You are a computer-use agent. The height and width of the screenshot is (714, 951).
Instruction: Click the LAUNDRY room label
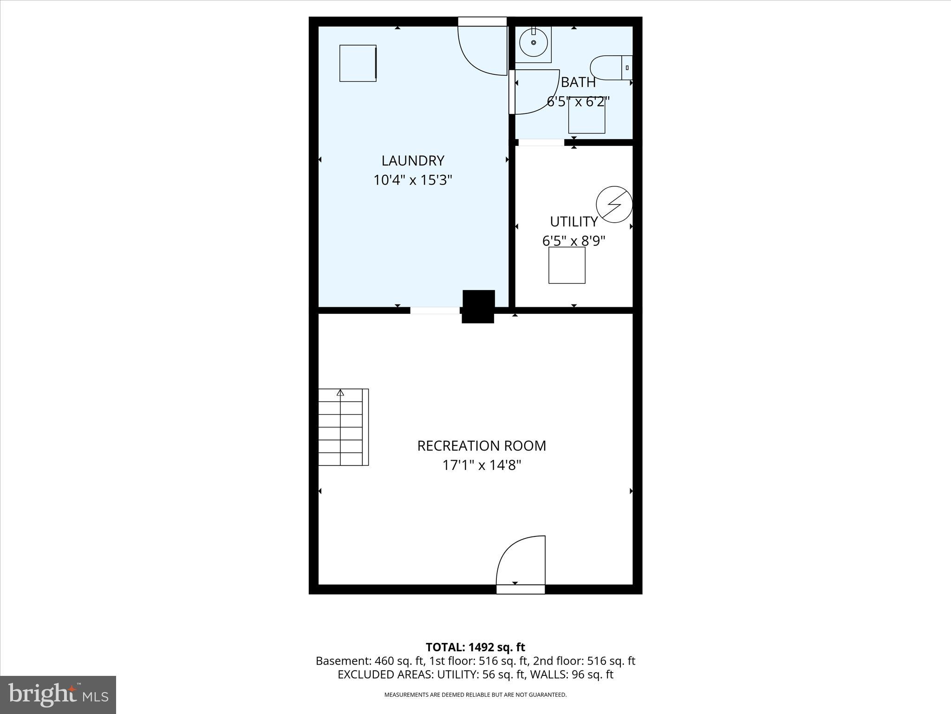413,160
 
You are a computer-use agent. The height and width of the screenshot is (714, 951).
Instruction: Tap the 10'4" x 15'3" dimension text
413,180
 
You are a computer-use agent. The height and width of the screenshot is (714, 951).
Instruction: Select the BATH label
578,82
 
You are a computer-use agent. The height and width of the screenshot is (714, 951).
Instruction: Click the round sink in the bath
534,43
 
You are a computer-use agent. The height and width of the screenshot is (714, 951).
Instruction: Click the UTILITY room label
574,221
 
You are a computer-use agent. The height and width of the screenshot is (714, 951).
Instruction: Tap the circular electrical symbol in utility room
614,204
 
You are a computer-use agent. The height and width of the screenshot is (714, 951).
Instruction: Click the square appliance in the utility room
567,265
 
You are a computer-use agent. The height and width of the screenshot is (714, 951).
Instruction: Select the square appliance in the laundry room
358,63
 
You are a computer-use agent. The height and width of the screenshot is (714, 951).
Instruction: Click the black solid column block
478,306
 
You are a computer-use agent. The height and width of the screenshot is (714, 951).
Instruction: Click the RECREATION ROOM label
482,446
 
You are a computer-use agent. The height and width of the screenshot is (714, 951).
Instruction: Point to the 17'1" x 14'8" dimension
482,465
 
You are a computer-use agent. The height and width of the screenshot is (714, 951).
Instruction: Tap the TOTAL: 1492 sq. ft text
475,647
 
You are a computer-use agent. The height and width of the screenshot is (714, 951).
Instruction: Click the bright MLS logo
58,694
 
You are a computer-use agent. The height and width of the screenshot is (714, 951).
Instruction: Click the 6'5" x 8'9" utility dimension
574,241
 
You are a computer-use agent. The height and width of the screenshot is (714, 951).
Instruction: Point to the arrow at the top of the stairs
340,393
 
